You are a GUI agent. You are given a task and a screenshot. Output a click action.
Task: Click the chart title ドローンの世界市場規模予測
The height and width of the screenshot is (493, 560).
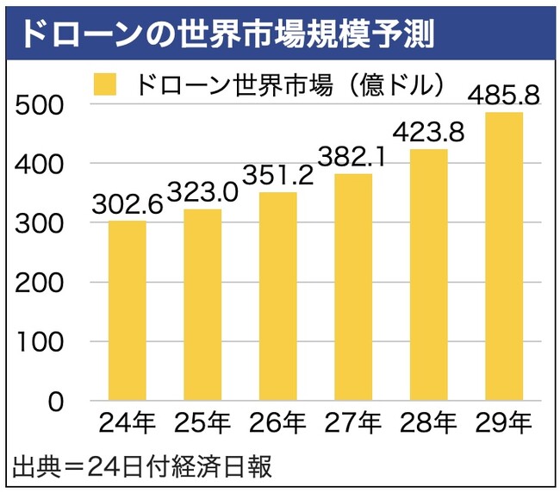click(x=226, y=32)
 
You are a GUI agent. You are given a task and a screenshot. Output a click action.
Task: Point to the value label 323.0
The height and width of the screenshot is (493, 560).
click(x=202, y=191)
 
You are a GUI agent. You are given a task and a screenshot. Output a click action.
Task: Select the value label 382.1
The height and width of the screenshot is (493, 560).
click(x=352, y=157)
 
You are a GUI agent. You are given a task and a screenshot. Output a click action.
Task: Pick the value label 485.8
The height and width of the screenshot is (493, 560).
click(x=503, y=95)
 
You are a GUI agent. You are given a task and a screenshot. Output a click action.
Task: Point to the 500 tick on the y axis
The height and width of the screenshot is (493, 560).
click(x=42, y=104)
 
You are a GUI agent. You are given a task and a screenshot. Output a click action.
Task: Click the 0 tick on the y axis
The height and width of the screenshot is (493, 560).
click(x=56, y=402)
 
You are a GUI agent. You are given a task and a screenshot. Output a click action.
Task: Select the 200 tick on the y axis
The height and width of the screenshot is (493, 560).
click(x=42, y=283)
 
